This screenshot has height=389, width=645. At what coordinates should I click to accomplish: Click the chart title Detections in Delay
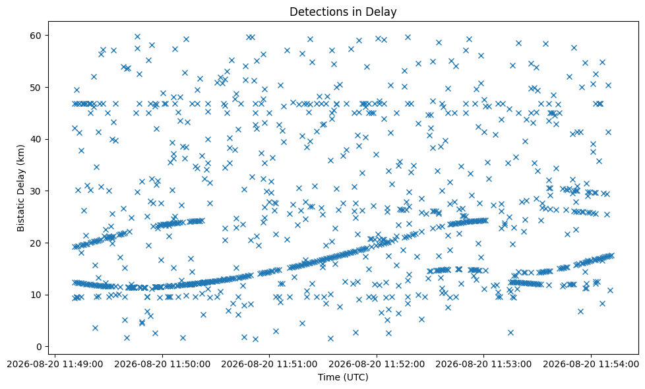(x=343, y=11)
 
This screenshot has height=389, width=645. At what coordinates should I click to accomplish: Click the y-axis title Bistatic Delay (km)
(x=20, y=188)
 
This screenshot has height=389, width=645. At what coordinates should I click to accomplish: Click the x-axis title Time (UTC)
(x=343, y=376)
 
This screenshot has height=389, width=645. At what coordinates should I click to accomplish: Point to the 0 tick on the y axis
(x=39, y=347)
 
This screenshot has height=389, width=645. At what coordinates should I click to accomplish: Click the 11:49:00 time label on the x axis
(x=55, y=365)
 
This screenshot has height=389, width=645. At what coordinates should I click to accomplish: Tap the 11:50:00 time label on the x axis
(x=162, y=365)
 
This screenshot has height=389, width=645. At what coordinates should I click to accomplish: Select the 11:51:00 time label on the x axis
(x=270, y=365)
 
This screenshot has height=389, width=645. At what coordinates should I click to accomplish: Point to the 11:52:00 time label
(x=377, y=365)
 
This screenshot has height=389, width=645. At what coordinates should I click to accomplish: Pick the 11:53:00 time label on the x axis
(x=483, y=365)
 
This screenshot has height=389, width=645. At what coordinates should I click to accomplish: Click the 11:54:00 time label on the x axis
(x=591, y=365)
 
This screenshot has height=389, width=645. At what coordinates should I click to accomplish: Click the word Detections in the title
(x=315, y=11)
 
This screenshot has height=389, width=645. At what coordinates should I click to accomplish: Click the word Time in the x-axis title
(x=327, y=376)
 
